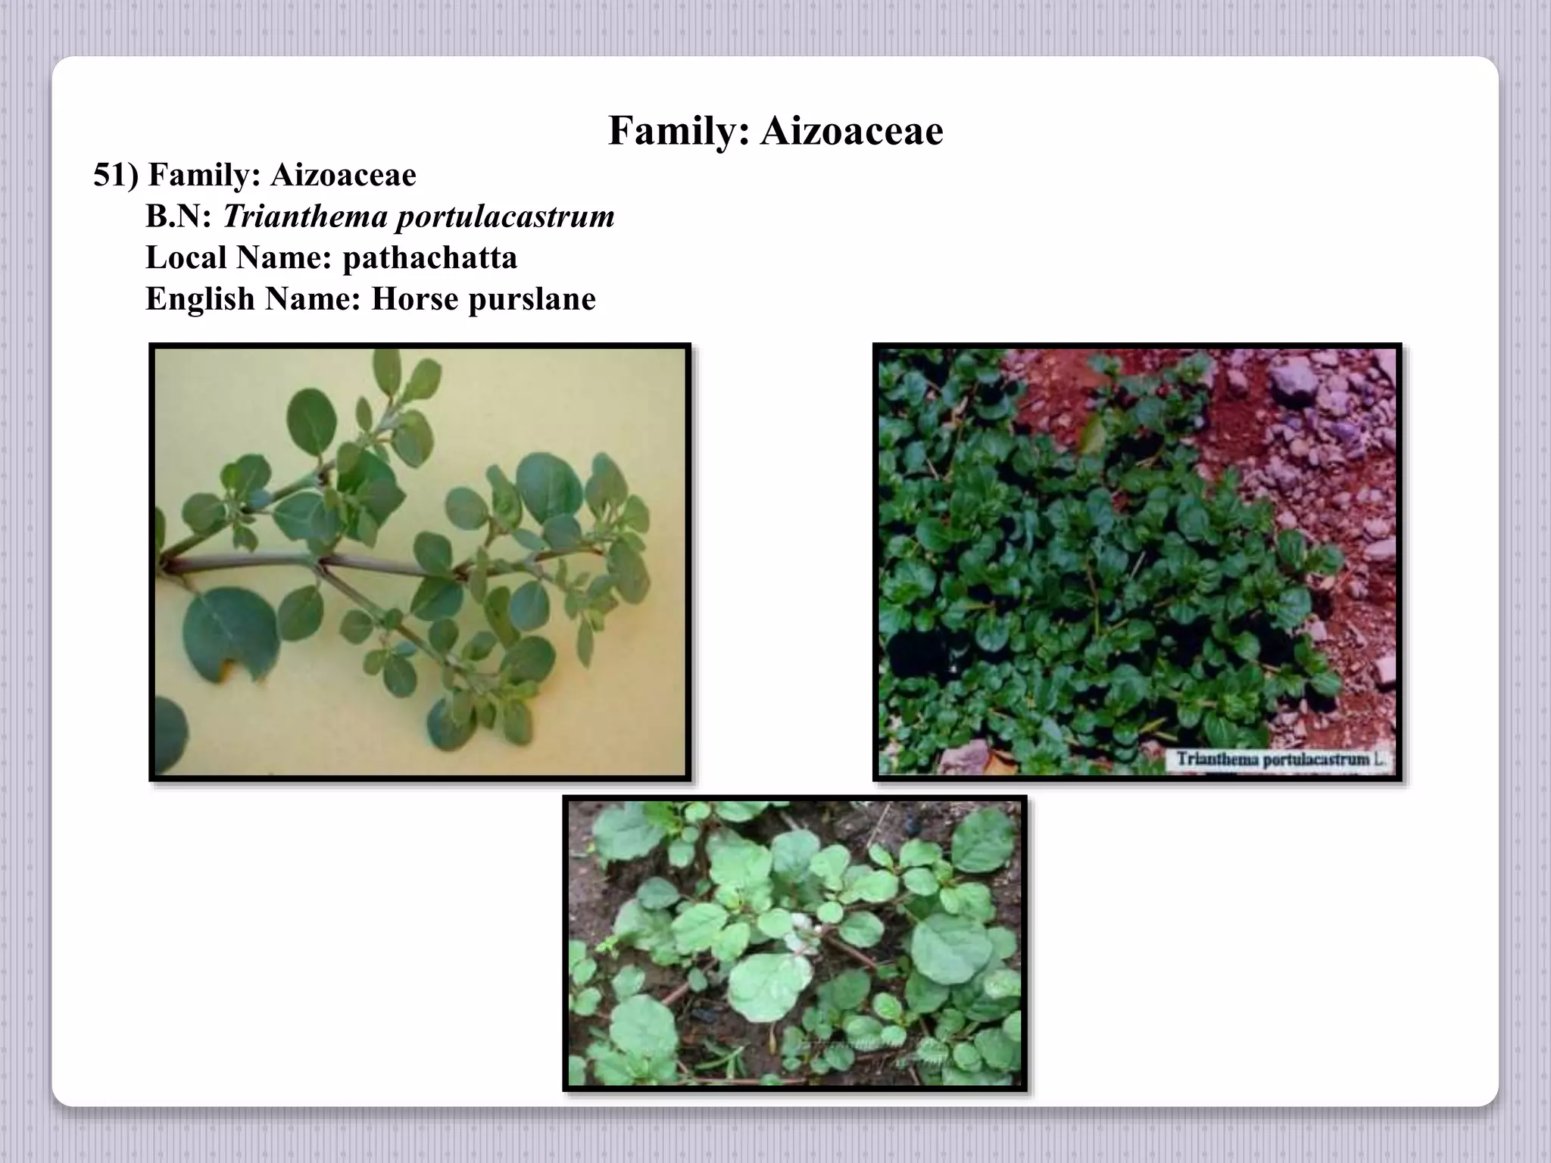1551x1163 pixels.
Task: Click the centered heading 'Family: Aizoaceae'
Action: tap(775, 131)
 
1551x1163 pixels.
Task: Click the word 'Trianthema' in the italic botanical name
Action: tap(304, 217)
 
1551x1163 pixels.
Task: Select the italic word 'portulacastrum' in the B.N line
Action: tap(505, 217)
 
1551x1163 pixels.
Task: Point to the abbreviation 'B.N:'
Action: tap(178, 217)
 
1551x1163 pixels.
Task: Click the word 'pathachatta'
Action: tap(429, 258)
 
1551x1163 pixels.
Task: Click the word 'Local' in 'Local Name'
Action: tap(186, 258)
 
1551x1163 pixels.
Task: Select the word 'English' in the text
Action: tap(200, 299)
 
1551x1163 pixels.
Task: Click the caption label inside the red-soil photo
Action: tap(1278, 759)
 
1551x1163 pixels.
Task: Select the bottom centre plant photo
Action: tap(794, 943)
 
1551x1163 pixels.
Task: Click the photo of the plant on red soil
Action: tap(1137, 562)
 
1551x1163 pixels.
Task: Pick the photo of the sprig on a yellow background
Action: tap(420, 562)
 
